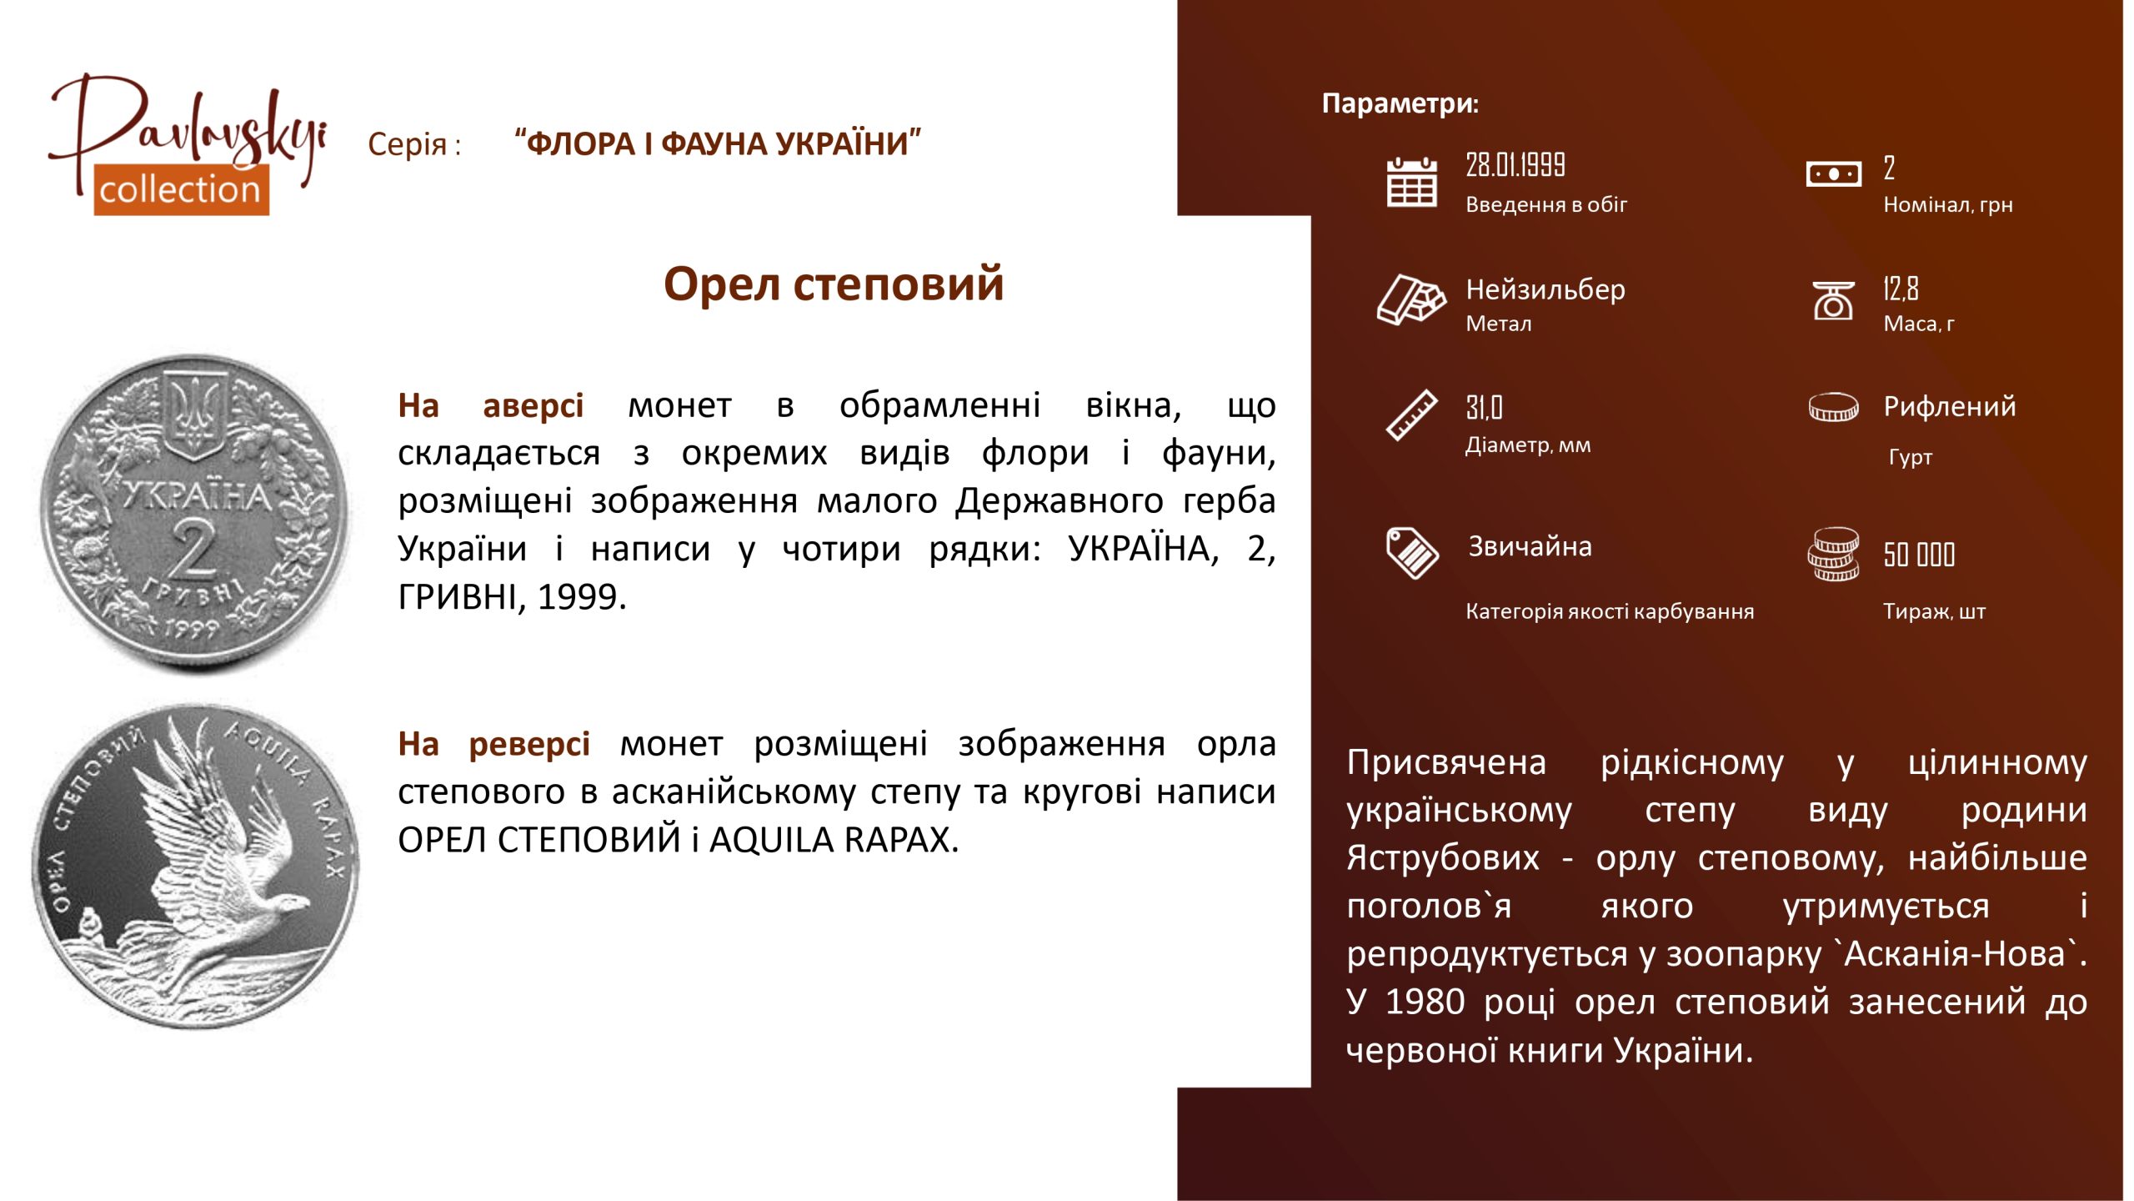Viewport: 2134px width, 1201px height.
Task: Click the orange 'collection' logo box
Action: (181, 190)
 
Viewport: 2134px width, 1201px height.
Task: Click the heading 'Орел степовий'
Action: (834, 284)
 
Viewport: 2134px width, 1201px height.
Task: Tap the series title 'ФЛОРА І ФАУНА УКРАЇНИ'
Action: (718, 143)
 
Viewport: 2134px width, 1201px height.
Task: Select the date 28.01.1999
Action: (1515, 165)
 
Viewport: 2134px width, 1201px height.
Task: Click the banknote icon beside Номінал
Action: (1833, 174)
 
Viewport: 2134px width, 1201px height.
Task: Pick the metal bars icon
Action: (1411, 299)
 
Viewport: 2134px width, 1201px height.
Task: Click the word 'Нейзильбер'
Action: (1545, 289)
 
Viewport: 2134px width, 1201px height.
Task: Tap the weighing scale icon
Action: (1833, 300)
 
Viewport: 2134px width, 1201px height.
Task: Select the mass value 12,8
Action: (1901, 289)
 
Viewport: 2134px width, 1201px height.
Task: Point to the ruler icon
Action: (1411, 415)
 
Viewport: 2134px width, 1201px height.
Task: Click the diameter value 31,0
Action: (1484, 407)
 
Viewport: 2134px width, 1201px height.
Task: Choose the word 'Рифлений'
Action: (1950, 406)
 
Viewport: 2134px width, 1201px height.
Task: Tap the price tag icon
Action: (1412, 552)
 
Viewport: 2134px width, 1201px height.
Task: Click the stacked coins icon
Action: (1833, 554)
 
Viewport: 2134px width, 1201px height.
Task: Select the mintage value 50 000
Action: (1919, 554)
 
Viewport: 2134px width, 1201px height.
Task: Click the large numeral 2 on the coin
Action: (193, 548)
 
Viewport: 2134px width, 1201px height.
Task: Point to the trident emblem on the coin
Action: (194, 413)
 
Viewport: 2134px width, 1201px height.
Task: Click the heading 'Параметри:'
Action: (1400, 103)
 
